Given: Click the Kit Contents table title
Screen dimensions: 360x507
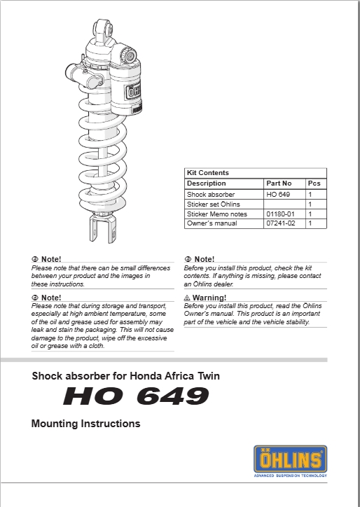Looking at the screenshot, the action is pos(208,173).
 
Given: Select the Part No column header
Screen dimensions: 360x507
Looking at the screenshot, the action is pos(279,183).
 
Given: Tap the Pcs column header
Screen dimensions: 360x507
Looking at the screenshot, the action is pos(314,183).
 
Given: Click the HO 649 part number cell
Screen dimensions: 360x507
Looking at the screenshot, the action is pos(278,194).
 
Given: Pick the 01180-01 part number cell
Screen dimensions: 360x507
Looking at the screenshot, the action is pos(280,214).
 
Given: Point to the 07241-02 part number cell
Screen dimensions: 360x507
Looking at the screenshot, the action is pos(280,223).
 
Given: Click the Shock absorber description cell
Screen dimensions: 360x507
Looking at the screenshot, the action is pos(211,194).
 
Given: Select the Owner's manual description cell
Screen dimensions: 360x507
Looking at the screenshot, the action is pos(212,223).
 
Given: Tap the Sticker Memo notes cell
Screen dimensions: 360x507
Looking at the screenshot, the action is pos(216,214).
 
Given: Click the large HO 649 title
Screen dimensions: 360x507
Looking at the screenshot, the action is pos(136,397).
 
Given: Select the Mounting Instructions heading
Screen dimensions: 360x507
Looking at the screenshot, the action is pos(85,424).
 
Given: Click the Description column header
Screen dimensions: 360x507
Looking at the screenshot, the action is pos(207,183).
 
